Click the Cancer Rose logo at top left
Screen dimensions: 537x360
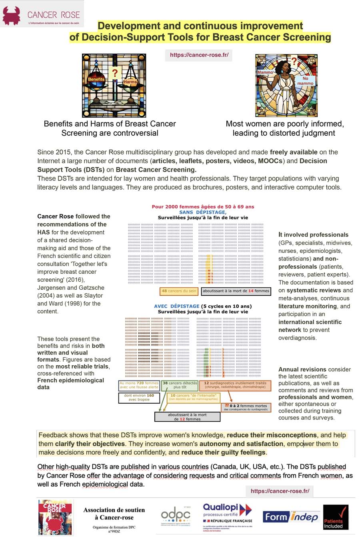(x=42, y=14)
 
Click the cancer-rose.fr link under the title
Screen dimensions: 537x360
(x=199, y=55)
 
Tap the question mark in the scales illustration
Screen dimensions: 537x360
(x=115, y=72)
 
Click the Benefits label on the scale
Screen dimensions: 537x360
(x=96, y=79)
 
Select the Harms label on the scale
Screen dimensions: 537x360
(x=130, y=82)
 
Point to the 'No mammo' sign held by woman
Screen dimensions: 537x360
(x=305, y=81)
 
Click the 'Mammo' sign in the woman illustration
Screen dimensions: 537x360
(x=265, y=72)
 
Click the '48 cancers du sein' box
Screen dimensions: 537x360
(x=179, y=291)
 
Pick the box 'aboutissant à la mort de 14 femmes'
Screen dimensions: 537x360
(x=236, y=291)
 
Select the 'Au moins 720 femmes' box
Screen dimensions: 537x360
(x=139, y=385)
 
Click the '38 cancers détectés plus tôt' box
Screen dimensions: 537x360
(x=180, y=385)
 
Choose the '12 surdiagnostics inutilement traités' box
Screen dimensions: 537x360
(x=235, y=385)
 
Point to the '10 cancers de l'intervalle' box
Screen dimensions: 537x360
(x=194, y=397)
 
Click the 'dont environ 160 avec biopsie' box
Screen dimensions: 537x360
(x=139, y=397)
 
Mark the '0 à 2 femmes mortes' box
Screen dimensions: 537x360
(x=246, y=407)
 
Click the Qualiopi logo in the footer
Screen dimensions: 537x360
(x=228, y=516)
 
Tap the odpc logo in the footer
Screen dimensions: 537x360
(x=176, y=517)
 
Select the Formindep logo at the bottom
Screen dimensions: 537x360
(x=290, y=517)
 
